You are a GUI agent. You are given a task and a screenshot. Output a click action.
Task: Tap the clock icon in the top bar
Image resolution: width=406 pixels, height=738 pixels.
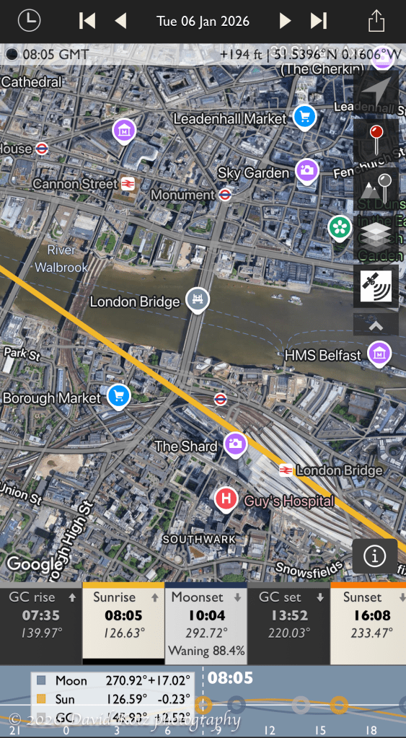pyautogui.click(x=29, y=20)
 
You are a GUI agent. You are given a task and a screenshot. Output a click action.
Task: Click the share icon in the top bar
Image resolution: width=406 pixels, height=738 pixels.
pyautogui.click(x=376, y=20)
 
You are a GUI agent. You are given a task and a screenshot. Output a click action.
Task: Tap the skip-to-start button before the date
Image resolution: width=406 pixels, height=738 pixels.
pyautogui.click(x=87, y=20)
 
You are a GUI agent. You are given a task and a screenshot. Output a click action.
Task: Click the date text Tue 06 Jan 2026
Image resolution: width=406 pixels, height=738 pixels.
pyautogui.click(x=203, y=20)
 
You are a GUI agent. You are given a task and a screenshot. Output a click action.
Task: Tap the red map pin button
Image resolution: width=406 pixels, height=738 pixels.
pyautogui.click(x=376, y=139)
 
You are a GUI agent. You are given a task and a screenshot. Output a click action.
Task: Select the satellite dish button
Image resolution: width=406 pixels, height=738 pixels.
pyautogui.click(x=376, y=285)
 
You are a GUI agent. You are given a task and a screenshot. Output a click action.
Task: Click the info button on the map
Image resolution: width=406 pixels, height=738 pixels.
pyautogui.click(x=375, y=556)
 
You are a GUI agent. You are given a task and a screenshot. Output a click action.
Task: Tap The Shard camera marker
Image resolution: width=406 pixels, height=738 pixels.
pyautogui.click(x=235, y=444)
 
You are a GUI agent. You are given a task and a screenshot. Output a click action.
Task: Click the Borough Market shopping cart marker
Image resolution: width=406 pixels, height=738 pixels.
pyautogui.click(x=118, y=395)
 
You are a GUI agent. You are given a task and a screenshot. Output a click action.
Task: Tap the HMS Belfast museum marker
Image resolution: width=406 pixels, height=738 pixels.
pyautogui.click(x=379, y=353)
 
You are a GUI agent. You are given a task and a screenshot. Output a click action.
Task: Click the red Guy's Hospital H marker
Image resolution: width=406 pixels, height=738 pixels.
pyautogui.click(x=226, y=498)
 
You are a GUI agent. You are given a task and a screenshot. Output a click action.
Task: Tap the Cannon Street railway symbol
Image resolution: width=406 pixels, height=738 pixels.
pyautogui.click(x=128, y=184)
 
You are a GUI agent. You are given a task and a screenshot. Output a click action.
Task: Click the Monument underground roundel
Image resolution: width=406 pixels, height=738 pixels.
pyautogui.click(x=225, y=194)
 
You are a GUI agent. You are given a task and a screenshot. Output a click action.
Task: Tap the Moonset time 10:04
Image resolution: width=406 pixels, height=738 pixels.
pyautogui.click(x=207, y=615)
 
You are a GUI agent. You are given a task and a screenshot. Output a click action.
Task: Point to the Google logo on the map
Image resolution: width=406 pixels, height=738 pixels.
pyautogui.click(x=35, y=564)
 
